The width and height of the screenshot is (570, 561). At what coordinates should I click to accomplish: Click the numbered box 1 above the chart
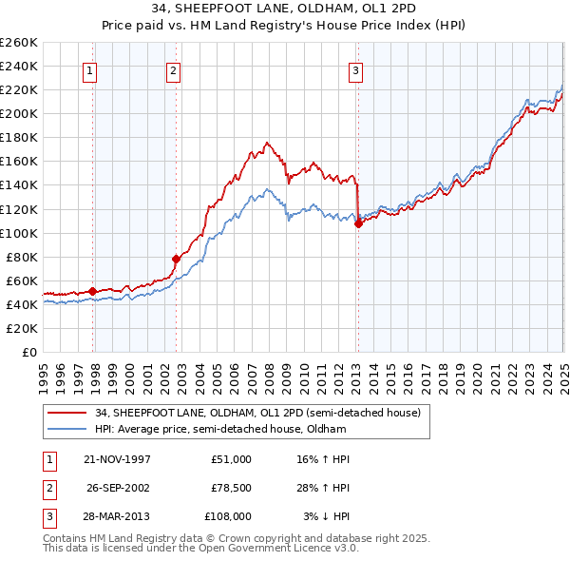coord(89,68)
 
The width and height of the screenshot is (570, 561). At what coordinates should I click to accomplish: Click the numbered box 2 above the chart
coord(174,68)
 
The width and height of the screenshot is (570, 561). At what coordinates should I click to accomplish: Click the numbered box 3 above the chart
coord(355,68)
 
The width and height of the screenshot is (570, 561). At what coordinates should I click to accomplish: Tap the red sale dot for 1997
coord(92,291)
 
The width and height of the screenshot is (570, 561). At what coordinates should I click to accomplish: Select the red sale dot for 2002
coord(177,258)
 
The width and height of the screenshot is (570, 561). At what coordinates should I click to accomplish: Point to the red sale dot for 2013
coord(358,223)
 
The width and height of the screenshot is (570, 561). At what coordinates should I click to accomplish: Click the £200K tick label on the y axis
coord(19,113)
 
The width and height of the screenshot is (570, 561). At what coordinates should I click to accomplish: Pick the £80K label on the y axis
coord(22,257)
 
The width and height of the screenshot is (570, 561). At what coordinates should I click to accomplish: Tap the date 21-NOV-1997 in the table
coord(117,459)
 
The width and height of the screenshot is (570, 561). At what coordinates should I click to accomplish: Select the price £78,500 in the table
coord(232,488)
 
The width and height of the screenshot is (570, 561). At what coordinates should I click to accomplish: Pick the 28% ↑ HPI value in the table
coord(323,488)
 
